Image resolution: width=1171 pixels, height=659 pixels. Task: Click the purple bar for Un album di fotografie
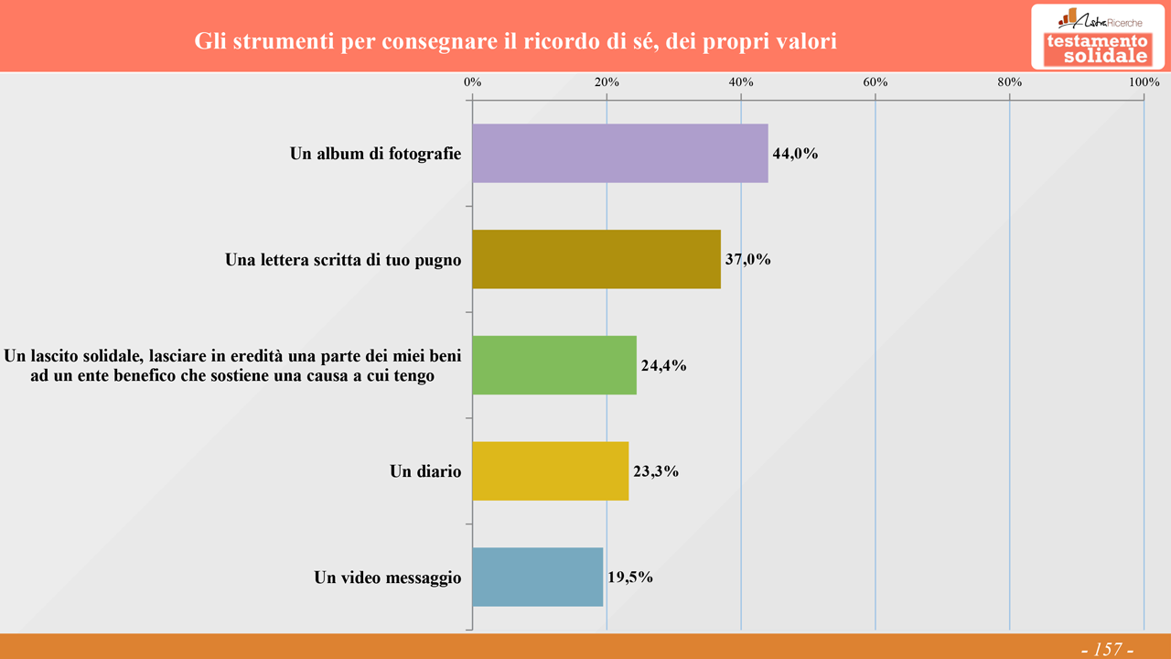(x=620, y=154)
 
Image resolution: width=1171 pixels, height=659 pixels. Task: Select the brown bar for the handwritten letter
(x=596, y=259)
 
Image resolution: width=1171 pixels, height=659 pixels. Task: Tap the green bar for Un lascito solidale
(x=554, y=365)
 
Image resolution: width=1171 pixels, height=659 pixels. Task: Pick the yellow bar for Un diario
(x=551, y=471)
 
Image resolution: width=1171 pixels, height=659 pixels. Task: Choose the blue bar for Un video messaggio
(x=538, y=578)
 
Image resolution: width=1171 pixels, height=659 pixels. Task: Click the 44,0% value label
(x=795, y=154)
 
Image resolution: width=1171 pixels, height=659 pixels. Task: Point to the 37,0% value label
(x=748, y=260)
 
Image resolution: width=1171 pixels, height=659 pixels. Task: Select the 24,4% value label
(x=663, y=366)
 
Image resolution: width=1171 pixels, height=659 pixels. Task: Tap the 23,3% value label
(x=656, y=472)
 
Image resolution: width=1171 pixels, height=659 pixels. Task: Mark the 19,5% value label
(x=630, y=578)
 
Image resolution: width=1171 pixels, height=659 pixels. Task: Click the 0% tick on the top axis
(x=473, y=82)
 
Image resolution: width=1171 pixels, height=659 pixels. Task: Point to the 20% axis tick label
(x=607, y=82)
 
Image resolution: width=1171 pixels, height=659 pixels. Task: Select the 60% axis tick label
(x=876, y=82)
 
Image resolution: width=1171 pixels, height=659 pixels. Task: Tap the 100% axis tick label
(x=1144, y=82)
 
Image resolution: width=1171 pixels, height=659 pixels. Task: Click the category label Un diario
(x=425, y=472)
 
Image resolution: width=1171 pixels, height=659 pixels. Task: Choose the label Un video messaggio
(x=388, y=578)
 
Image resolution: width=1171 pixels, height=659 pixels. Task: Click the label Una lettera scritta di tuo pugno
(x=343, y=260)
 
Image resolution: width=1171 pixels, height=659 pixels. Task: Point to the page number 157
(x=1107, y=649)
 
